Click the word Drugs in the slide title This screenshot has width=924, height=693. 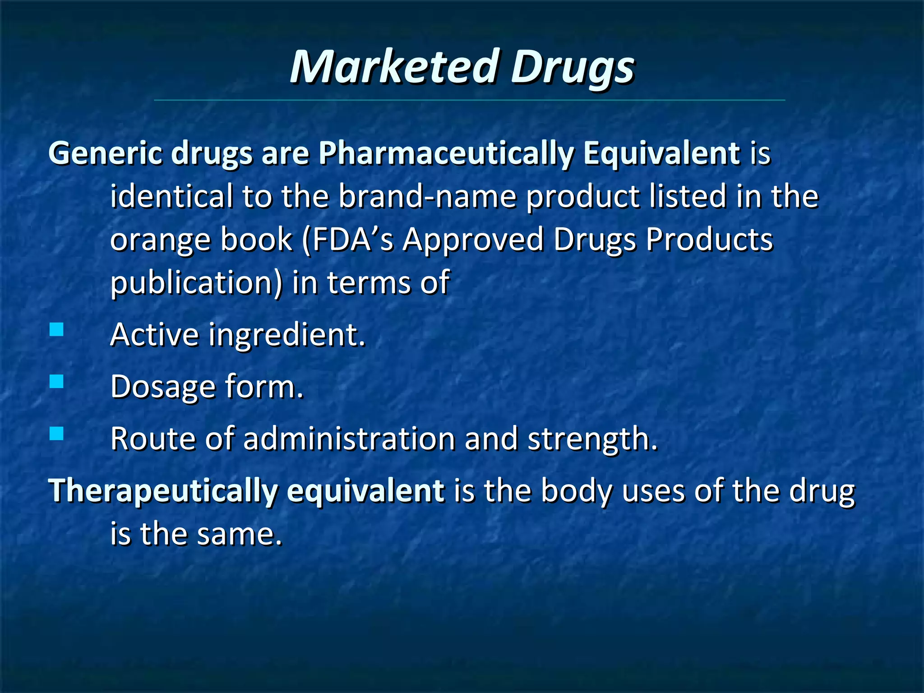tap(572, 68)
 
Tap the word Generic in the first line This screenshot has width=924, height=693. tap(105, 153)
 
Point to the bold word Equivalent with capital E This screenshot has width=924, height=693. tap(661, 153)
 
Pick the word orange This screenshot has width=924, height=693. tap(160, 240)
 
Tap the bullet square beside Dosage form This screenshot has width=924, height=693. tap(57, 382)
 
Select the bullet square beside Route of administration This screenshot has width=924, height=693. tap(57, 434)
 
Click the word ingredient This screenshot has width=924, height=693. tap(286, 336)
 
